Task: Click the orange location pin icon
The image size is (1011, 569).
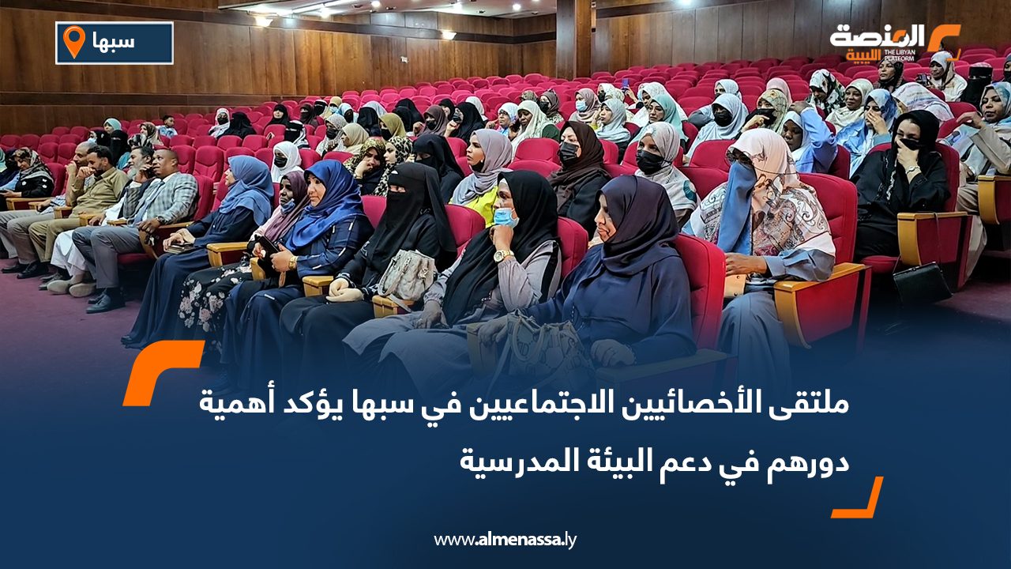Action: pyautogui.click(x=73, y=41)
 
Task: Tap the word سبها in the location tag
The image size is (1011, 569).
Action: pyautogui.click(x=118, y=43)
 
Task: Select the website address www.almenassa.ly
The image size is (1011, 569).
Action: pyautogui.click(x=505, y=541)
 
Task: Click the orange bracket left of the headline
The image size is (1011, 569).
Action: pyautogui.click(x=163, y=371)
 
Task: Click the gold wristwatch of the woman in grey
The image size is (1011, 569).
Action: pyautogui.click(x=502, y=255)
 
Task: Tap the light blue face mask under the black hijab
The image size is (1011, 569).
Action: pyautogui.click(x=505, y=217)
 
